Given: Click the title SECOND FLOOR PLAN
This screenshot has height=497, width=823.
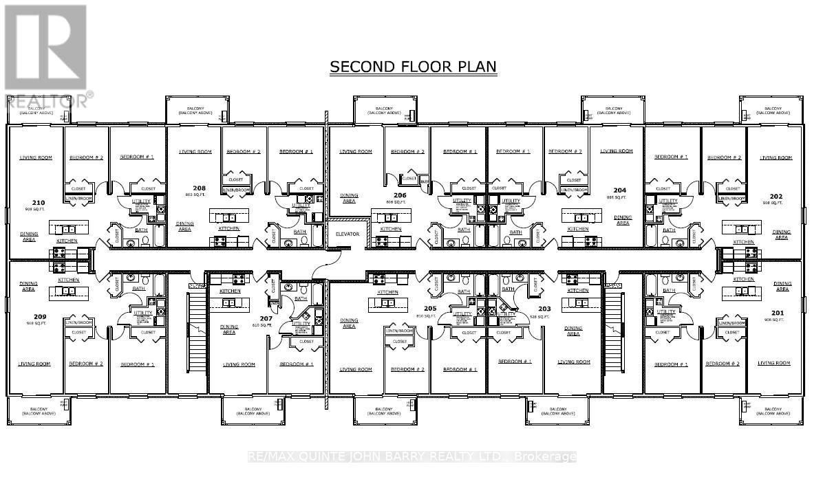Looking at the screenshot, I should pyautogui.click(x=413, y=67).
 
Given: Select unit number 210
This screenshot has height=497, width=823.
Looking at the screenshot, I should pyautogui.click(x=39, y=202).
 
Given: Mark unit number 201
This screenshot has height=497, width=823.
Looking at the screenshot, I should pyautogui.click(x=777, y=313).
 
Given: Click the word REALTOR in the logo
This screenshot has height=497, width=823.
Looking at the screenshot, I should pyautogui.click(x=47, y=101).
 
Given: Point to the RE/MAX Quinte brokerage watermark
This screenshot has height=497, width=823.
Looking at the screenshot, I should pyautogui.click(x=411, y=456).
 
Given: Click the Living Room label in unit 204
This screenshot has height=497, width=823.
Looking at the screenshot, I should pyautogui.click(x=616, y=151).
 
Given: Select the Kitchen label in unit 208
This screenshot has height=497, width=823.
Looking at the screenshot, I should pyautogui.click(x=229, y=228).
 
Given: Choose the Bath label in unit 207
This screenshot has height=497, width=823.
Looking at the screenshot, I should pyautogui.click(x=300, y=298).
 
